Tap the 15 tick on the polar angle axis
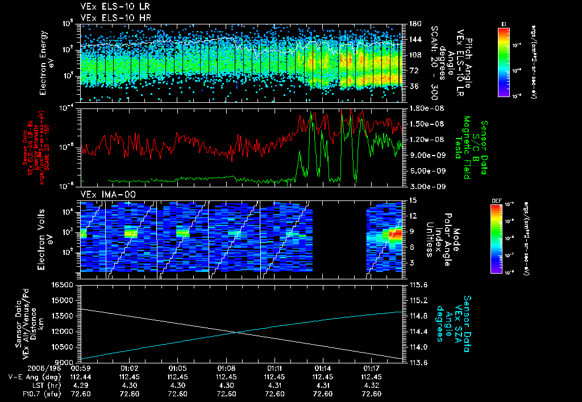[x=409, y=200]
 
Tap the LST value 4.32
[x=371, y=385]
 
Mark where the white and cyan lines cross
[x=237, y=333]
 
